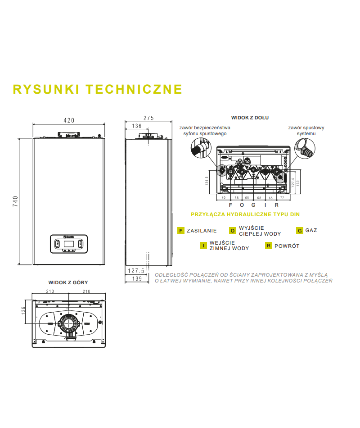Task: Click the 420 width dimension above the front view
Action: (x=68, y=120)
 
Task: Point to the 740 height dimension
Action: (x=15, y=201)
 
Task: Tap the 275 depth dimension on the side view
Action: (x=148, y=118)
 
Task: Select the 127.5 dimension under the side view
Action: (x=135, y=271)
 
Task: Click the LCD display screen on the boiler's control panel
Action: (x=69, y=244)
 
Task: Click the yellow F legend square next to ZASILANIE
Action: (x=181, y=231)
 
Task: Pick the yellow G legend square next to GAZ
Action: (x=300, y=231)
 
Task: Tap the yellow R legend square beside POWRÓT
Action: (x=269, y=246)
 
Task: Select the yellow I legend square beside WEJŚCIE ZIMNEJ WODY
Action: (x=204, y=246)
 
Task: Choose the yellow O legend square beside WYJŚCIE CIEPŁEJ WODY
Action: (x=233, y=231)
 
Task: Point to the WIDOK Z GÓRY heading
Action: (x=68, y=282)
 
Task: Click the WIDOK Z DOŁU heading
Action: (x=250, y=118)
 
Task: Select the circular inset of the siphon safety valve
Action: (x=200, y=147)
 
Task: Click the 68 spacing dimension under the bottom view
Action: (x=259, y=198)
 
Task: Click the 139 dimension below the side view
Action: (x=137, y=279)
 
